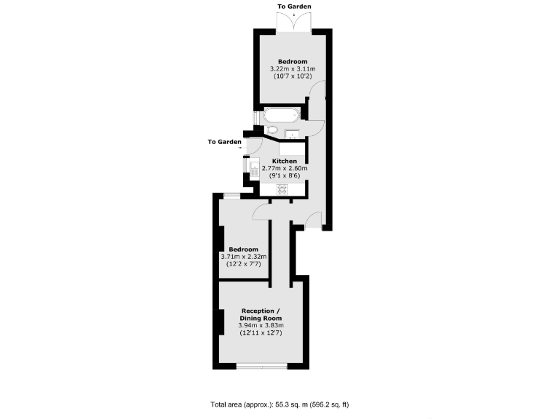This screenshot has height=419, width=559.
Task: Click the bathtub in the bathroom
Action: click(x=279, y=115)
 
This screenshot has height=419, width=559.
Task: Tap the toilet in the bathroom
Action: click(x=271, y=129)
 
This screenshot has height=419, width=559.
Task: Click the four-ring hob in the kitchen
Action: click(x=280, y=189)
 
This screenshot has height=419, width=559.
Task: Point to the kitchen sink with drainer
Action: click(x=254, y=170)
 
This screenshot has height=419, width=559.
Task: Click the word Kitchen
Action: click(x=284, y=161)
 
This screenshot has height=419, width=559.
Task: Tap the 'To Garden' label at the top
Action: click(x=294, y=7)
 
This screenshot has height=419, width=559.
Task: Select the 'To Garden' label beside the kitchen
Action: click(x=223, y=142)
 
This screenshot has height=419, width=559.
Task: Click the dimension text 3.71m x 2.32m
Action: click(x=244, y=256)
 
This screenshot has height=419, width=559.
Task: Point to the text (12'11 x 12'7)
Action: click(x=261, y=332)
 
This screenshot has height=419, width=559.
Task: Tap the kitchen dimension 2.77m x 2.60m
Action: click(x=284, y=169)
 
